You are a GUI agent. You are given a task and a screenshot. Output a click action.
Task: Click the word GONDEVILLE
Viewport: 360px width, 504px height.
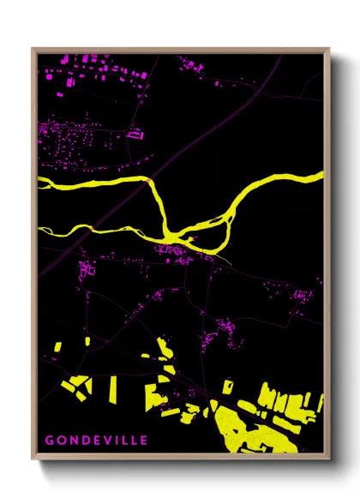pyautogui.click(x=96, y=441)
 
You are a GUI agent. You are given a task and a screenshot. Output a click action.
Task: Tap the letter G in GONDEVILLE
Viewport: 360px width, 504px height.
pyautogui.click(x=50, y=441)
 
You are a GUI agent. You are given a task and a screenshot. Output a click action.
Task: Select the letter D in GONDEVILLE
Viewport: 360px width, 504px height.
pyautogui.click(x=81, y=441)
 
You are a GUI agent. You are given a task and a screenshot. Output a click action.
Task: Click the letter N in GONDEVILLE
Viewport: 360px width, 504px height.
pyautogui.click(x=71, y=441)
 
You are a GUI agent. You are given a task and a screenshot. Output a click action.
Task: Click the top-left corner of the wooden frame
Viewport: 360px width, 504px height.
pyautogui.click(x=33, y=49)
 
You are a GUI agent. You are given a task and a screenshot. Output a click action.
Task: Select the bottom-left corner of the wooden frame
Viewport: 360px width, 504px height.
pyautogui.click(x=33, y=460)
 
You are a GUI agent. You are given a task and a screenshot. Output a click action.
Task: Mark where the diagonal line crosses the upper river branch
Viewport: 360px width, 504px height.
pyautogui.click(x=149, y=183)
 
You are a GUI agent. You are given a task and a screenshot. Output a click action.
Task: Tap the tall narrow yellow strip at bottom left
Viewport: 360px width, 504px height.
pyautogui.click(x=111, y=388)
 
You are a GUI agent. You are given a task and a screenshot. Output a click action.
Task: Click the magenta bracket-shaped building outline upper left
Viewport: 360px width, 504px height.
pyautogui.click(x=134, y=133)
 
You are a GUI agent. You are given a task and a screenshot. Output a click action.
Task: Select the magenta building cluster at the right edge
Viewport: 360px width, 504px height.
pyautogui.click(x=303, y=296)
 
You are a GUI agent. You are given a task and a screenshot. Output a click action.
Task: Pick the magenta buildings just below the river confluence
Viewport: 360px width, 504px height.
pyautogui.click(x=171, y=249)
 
